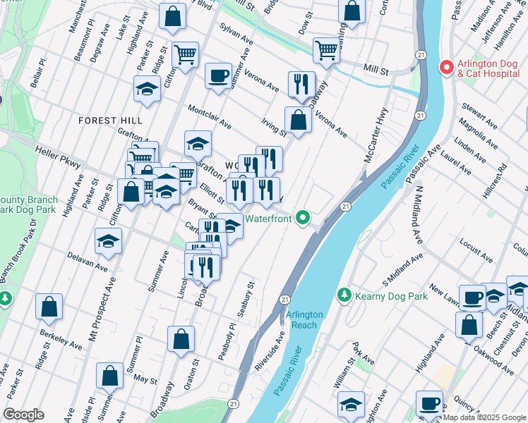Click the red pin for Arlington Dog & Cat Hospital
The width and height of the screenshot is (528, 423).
pyautogui.click(x=446, y=68)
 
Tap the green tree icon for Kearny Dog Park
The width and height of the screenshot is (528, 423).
pyautogui.click(x=344, y=294)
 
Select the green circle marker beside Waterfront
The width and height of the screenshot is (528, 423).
pyautogui.click(x=304, y=219)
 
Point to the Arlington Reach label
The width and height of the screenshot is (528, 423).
pyautogui.click(x=304, y=319)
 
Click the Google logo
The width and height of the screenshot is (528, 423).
pyautogui.click(x=23, y=414)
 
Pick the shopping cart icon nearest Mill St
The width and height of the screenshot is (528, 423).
pyautogui.click(x=326, y=49)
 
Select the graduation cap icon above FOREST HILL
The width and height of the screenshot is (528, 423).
pyautogui.click(x=147, y=89)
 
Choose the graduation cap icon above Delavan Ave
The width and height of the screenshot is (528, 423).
pyautogui.click(x=108, y=241)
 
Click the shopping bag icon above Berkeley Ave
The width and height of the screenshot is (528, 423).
pyautogui.click(x=49, y=306)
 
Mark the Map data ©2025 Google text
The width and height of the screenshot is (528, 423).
pyautogui.click(x=484, y=417)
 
